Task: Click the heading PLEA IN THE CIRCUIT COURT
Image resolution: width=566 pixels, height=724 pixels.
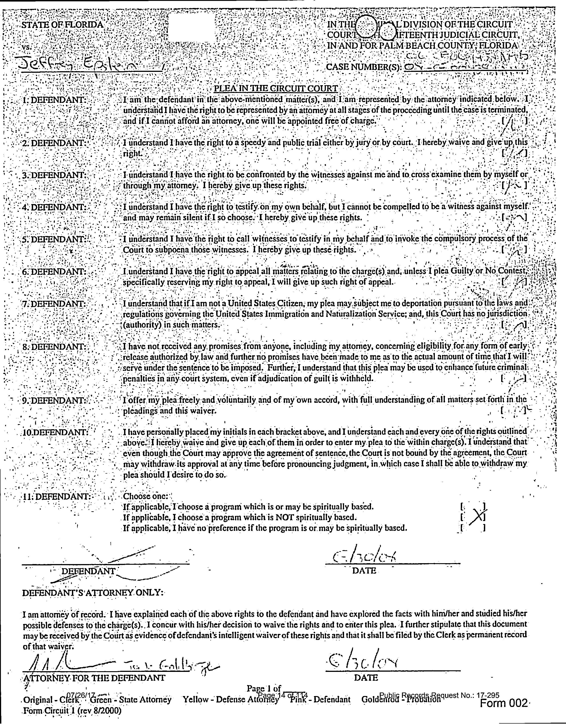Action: [x=276, y=89]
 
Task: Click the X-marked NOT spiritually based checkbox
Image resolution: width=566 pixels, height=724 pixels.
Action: [x=473, y=517]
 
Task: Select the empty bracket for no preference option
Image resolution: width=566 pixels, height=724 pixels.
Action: [x=473, y=528]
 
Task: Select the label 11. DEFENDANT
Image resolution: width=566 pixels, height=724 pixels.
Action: [x=56, y=497]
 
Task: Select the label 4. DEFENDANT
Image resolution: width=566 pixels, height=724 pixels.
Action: [x=54, y=207]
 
